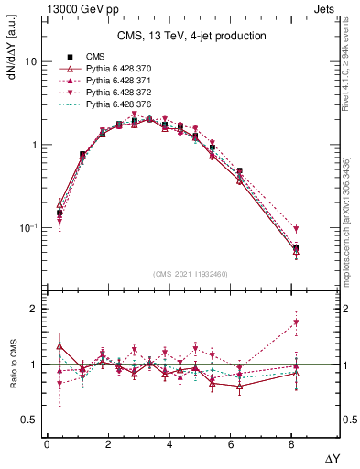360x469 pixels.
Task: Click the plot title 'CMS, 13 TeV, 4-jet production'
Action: coord(191,37)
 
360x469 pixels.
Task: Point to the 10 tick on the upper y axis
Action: coord(30,61)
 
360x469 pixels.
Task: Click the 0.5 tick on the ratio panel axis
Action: coord(28,420)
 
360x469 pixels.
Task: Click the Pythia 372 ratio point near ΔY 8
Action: coord(295,322)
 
